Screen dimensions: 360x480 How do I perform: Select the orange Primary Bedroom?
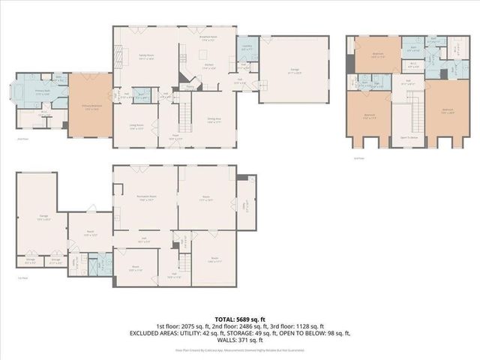tap(90, 106)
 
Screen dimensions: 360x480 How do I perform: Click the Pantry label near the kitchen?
tap(190, 86)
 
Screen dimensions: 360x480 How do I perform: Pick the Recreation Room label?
tap(145, 199)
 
